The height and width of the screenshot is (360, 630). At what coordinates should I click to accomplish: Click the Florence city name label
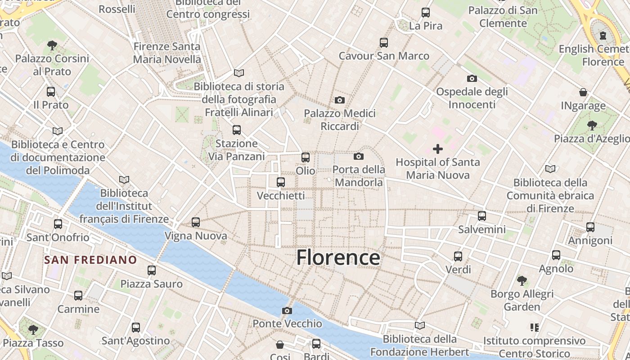[338, 258]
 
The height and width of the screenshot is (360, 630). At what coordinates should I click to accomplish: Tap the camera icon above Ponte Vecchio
[287, 310]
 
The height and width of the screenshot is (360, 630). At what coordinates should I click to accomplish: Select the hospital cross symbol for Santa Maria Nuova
[437, 149]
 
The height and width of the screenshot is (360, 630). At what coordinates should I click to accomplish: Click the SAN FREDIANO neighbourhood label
[90, 260]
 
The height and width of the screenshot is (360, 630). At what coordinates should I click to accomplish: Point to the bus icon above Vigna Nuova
[195, 222]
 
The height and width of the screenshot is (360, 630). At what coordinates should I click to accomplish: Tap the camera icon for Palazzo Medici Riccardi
[340, 100]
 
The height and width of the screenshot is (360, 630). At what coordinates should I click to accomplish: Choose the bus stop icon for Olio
[306, 157]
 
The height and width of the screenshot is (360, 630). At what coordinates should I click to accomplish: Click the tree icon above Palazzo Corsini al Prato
[52, 45]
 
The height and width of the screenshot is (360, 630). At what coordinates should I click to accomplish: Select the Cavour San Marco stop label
[384, 56]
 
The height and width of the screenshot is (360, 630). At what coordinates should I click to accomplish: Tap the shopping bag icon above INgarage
[583, 92]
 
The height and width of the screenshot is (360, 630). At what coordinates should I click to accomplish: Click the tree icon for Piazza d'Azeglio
[592, 125]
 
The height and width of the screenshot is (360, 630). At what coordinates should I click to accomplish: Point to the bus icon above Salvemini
[482, 216]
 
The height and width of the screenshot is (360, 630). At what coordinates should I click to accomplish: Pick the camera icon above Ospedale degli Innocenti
[472, 78]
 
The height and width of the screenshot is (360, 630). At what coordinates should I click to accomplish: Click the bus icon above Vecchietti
[281, 182]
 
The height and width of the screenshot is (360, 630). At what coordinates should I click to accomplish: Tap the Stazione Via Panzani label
[236, 150]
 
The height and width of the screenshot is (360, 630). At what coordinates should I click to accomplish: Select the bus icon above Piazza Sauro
[152, 270]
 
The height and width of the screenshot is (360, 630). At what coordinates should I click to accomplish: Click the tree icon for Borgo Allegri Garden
[522, 281]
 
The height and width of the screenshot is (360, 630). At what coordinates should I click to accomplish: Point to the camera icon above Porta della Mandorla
[359, 156]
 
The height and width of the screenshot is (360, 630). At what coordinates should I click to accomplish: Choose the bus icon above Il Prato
[51, 92]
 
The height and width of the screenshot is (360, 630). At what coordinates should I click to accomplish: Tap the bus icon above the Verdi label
[458, 256]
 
